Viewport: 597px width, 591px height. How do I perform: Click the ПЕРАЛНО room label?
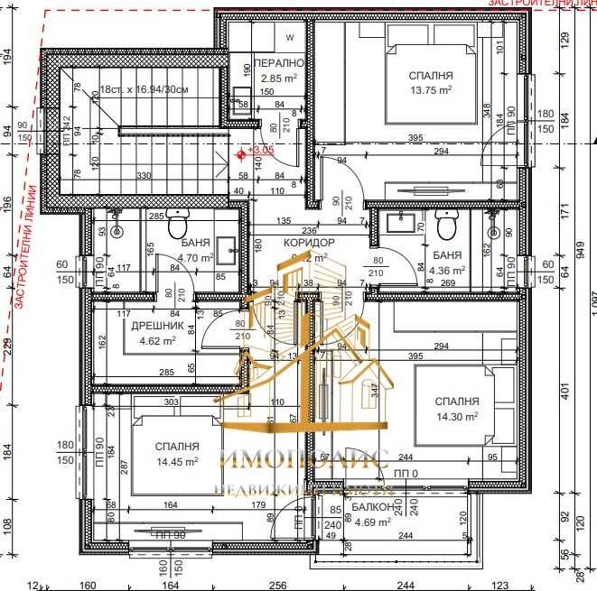click(x=276, y=64)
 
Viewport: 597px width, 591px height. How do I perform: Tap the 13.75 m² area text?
click(x=430, y=90)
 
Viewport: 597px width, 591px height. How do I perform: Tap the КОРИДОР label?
click(x=309, y=243)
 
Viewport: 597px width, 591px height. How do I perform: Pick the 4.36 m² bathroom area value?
click(x=447, y=269)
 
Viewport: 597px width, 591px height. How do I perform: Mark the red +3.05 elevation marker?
click(x=241, y=152)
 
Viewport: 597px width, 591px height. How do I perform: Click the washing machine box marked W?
click(x=290, y=38)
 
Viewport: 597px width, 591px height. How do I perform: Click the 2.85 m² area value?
click(x=275, y=78)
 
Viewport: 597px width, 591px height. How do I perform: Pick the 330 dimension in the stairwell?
click(x=143, y=175)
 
